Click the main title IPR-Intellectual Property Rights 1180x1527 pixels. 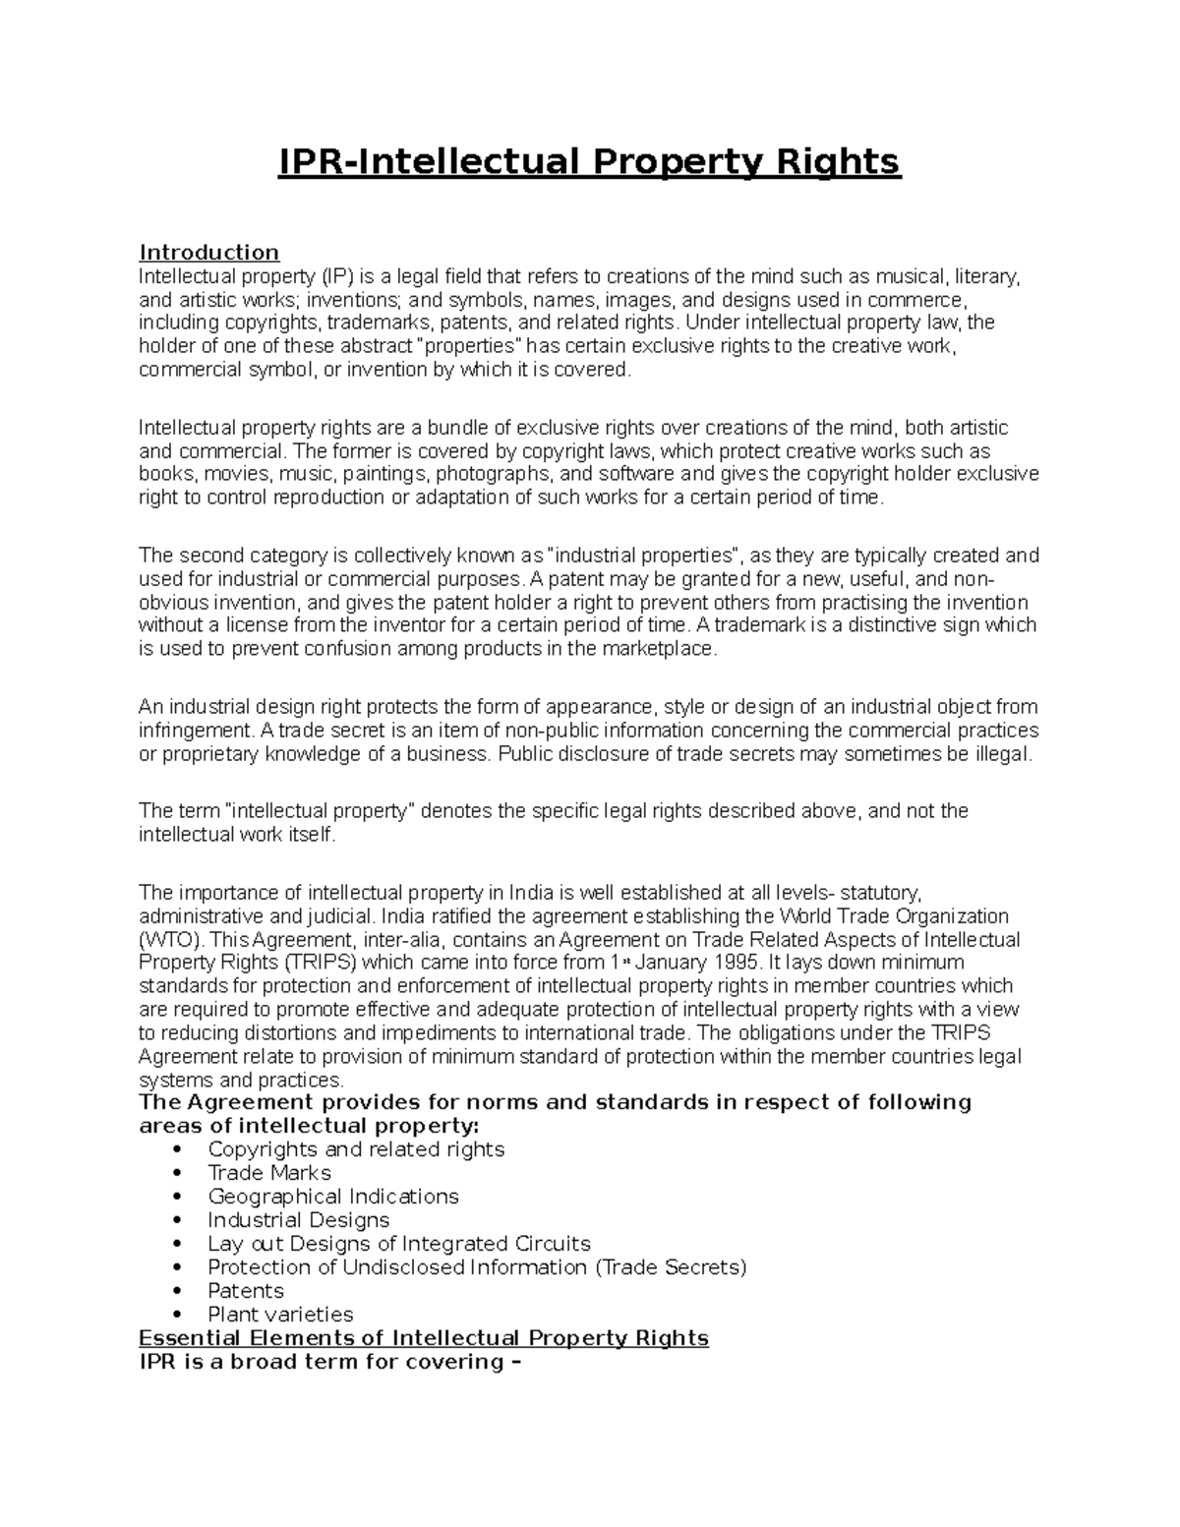click(x=589, y=161)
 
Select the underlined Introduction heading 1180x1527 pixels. click(x=208, y=253)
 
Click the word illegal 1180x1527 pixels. click(x=999, y=754)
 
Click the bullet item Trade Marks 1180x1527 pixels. click(x=269, y=1173)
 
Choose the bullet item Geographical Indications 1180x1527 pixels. click(x=333, y=1197)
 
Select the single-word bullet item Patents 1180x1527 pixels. click(x=246, y=1291)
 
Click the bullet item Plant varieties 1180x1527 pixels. click(x=280, y=1315)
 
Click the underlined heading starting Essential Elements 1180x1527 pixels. click(x=424, y=1338)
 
